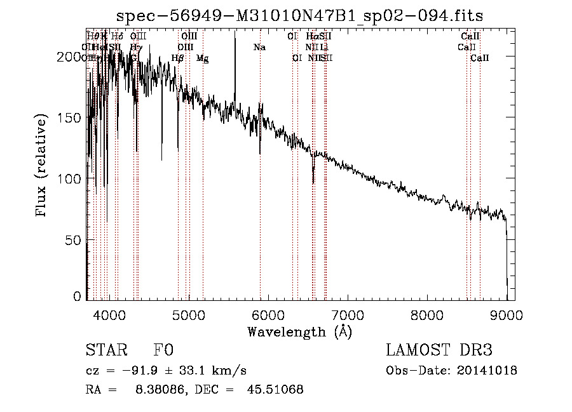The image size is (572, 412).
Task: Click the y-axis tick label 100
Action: [71, 179]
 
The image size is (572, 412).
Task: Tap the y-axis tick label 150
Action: [71, 118]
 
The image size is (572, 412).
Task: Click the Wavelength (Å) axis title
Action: [299, 331]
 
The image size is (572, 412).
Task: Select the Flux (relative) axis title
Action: [42, 166]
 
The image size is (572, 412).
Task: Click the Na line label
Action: [259, 47]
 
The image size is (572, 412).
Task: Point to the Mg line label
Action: [202, 58]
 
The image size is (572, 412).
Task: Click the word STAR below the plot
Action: [106, 351]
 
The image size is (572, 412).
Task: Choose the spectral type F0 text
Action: [163, 351]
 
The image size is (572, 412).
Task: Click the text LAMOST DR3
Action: [439, 351]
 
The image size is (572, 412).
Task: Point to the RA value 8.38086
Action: [154, 390]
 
